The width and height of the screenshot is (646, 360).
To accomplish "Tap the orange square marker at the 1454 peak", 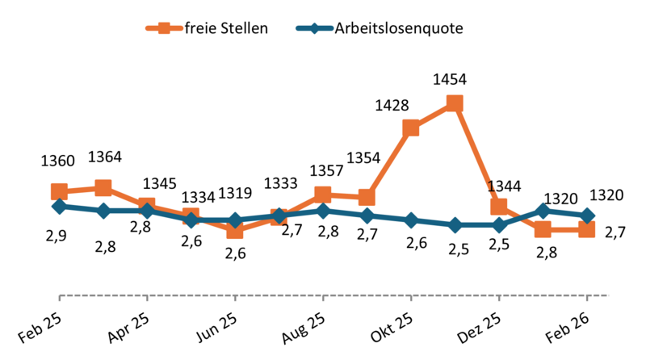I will pyautogui.click(x=455, y=103).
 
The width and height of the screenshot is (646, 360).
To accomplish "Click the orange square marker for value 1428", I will pyautogui.click(x=410, y=128).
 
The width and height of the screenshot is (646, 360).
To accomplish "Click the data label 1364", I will pyautogui.click(x=105, y=157).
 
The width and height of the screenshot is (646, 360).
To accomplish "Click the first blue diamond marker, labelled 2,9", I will pyautogui.click(x=59, y=207).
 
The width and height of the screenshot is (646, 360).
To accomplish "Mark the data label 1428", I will pyautogui.click(x=392, y=105).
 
